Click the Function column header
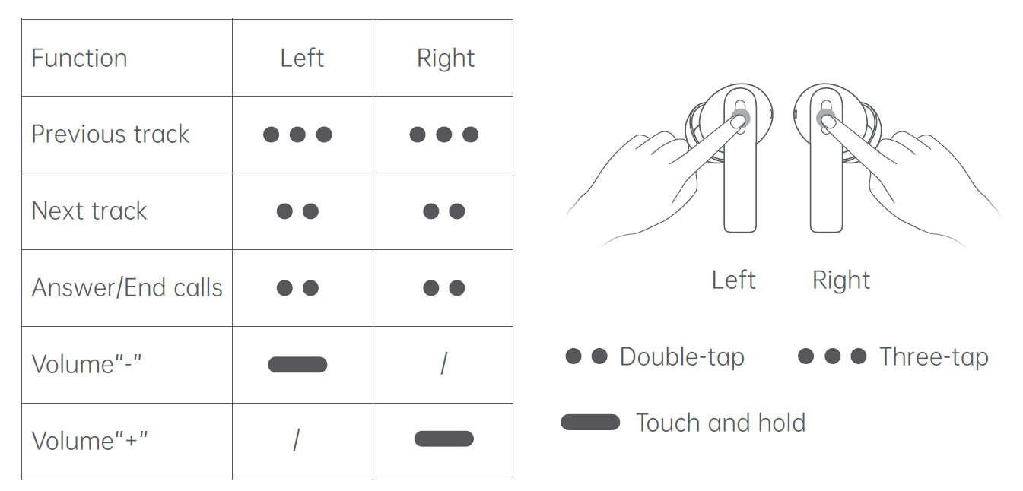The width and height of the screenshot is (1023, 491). point(79,59)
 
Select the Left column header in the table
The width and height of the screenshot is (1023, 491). point(302,59)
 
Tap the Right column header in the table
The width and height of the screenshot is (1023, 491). point(446,59)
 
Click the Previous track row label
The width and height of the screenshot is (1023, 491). point(110,135)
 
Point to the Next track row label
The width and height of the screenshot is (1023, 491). point(89,211)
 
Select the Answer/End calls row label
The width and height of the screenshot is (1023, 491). point(127,288)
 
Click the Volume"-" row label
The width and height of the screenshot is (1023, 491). point(87,365)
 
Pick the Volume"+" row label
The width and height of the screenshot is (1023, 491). point(90,442)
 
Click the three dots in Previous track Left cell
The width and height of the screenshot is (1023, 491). point(297,135)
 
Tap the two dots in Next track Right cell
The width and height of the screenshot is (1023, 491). point(443,211)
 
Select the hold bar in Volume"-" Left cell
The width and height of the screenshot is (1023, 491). point(297,365)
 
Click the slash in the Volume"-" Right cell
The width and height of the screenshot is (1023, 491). point(443,364)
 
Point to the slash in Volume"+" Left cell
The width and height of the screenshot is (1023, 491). point(297,439)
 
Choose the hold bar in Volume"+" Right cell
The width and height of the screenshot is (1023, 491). point(443,439)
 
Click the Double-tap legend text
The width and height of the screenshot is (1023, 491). point(681,357)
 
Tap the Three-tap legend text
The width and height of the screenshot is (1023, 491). point(933,357)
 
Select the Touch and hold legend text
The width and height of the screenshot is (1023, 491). point(720,423)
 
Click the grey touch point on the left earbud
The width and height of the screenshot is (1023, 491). point(739,118)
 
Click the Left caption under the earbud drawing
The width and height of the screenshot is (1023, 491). point(733,280)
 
